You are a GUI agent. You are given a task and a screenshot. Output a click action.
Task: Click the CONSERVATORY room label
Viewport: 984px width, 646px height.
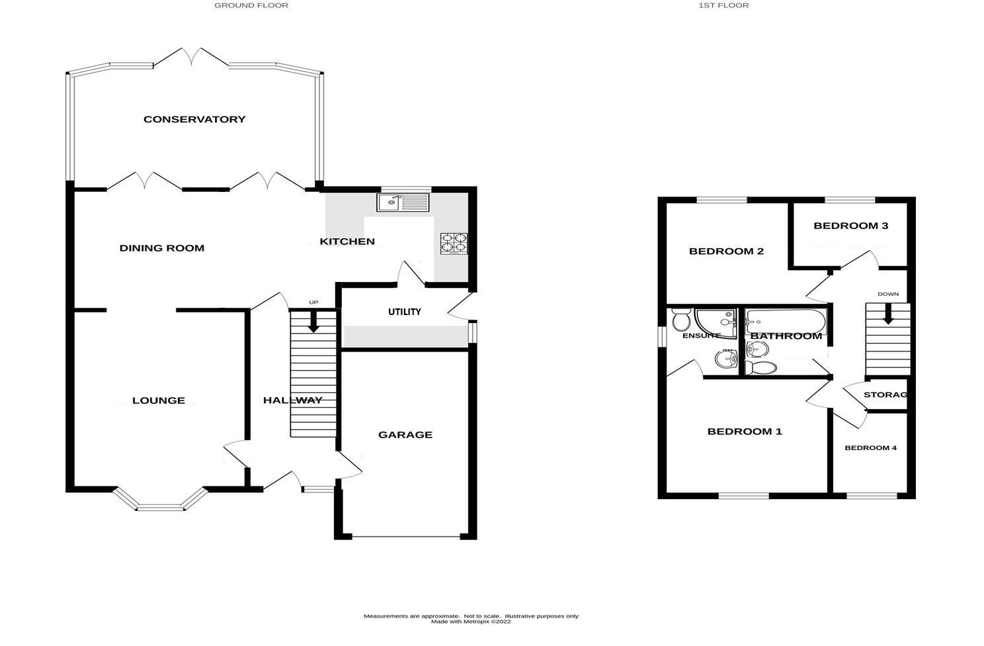pyautogui.click(x=194, y=119)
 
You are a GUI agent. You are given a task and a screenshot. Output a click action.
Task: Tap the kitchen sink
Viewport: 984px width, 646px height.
pyautogui.click(x=403, y=203)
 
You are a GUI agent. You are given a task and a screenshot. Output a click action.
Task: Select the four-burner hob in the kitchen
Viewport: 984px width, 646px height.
pyautogui.click(x=454, y=244)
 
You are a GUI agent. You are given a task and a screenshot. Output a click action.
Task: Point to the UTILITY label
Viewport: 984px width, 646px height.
pyautogui.click(x=405, y=312)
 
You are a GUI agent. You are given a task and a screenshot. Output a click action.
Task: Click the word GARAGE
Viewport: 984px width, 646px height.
pyautogui.click(x=405, y=435)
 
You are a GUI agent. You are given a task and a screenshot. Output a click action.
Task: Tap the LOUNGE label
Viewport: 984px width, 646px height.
pyautogui.click(x=159, y=400)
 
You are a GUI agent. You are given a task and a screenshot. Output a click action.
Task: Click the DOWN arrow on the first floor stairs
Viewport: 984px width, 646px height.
pyautogui.click(x=888, y=314)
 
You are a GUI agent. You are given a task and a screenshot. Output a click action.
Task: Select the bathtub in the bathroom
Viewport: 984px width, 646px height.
pyautogui.click(x=785, y=322)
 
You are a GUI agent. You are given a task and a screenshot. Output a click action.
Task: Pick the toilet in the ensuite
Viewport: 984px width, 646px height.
pyautogui.click(x=681, y=320)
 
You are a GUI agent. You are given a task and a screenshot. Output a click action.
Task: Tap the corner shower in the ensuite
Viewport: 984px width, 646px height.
pyautogui.click(x=716, y=324)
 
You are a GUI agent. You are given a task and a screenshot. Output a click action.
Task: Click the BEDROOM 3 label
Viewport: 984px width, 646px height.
pyautogui.click(x=850, y=226)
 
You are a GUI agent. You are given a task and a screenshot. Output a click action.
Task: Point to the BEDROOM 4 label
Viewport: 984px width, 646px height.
pyautogui.click(x=870, y=448)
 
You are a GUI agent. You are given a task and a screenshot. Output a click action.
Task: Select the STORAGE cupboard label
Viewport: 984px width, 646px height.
pyautogui.click(x=885, y=395)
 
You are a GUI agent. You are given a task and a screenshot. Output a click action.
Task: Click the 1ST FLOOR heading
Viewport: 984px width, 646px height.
pyautogui.click(x=723, y=6)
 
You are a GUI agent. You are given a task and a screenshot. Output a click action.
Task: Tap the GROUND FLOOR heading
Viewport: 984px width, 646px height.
pyautogui.click(x=251, y=6)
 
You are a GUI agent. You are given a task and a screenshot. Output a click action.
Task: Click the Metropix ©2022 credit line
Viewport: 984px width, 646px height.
pyautogui.click(x=470, y=622)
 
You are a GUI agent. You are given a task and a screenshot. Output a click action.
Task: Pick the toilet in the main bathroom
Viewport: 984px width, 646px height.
pyautogui.click(x=761, y=367)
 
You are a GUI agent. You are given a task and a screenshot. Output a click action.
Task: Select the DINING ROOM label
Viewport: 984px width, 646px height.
pyautogui.click(x=161, y=248)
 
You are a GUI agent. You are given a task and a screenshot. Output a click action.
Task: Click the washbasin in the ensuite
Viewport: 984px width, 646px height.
pyautogui.click(x=725, y=359)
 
